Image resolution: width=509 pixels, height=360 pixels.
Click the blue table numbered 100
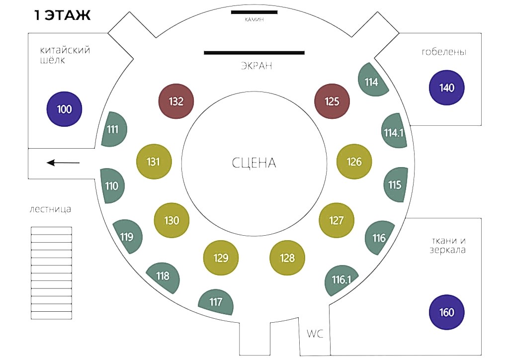tap(64, 109)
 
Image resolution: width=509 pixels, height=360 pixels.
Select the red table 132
tap(176, 101)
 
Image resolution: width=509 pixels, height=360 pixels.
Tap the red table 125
tap(332, 101)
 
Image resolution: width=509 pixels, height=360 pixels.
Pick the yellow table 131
tap(154, 161)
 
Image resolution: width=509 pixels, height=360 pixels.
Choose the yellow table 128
tap(287, 258)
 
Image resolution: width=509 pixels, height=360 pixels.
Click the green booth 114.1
tap(394, 131)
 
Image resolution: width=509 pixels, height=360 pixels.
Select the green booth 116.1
tap(341, 280)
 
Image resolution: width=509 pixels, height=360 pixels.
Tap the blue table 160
tap(446, 312)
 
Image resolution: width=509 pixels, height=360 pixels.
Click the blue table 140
tap(446, 88)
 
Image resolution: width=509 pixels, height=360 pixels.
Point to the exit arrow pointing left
tap(63, 163)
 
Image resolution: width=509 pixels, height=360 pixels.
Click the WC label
tap(315, 333)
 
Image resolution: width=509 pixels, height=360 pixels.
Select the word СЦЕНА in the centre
tap(254, 163)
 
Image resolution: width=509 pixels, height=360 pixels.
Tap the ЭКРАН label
tap(256, 66)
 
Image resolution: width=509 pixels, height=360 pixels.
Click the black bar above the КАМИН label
tap(254, 12)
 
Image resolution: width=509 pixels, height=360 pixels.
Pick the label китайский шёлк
tap(65, 55)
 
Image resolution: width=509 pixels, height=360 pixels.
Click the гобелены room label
tap(444, 52)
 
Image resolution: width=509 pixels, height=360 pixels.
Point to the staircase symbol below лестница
tap(51, 273)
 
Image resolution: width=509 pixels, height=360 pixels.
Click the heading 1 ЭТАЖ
tap(62, 15)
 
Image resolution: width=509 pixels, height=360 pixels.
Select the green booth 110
tap(112, 185)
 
